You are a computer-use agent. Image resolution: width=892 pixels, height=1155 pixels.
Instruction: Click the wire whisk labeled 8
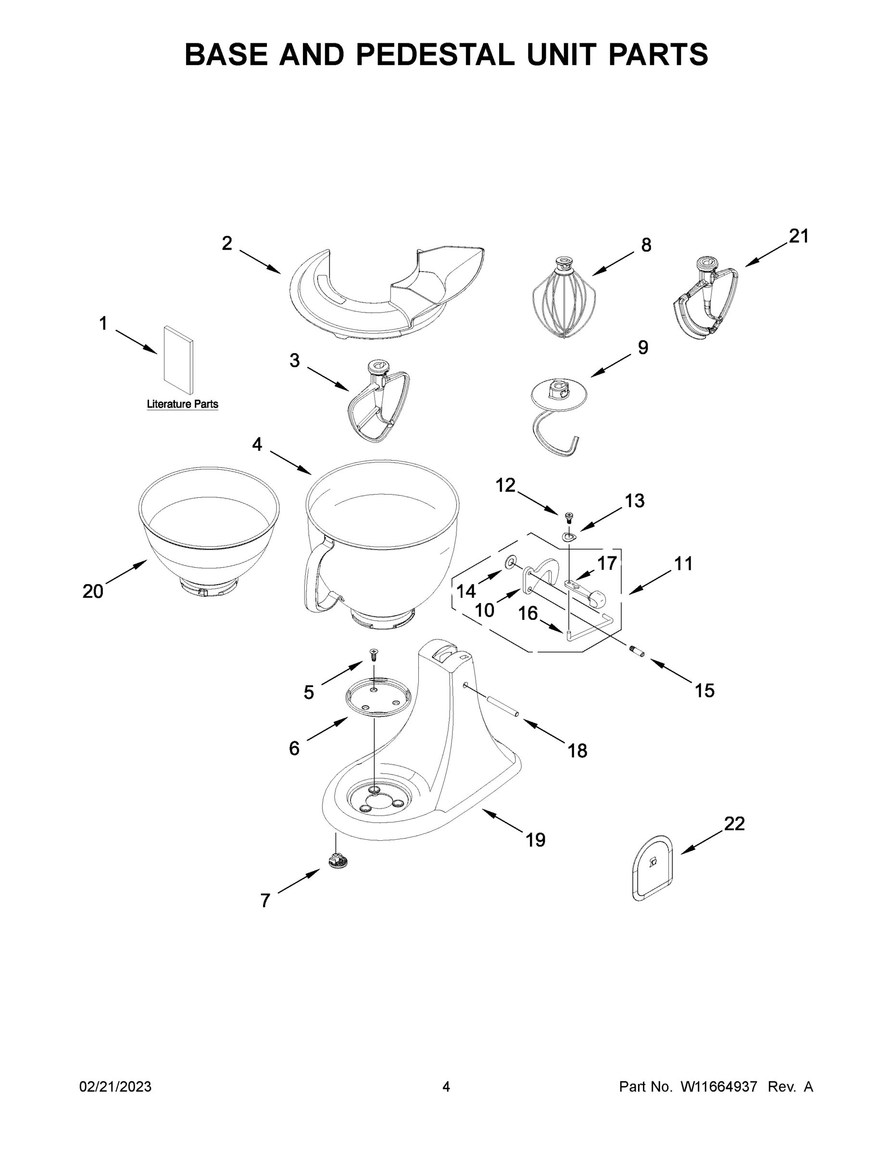coord(564,303)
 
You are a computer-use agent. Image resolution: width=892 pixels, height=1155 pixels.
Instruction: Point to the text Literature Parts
coord(182,404)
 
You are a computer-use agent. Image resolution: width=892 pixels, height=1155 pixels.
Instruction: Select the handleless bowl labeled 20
coord(209,534)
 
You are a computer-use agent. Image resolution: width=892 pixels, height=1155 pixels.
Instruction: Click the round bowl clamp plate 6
coord(378,696)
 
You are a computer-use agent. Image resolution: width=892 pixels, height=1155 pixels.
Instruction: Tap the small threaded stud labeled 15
coord(637,652)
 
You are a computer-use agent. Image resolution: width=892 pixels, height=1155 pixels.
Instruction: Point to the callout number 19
coord(535,839)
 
